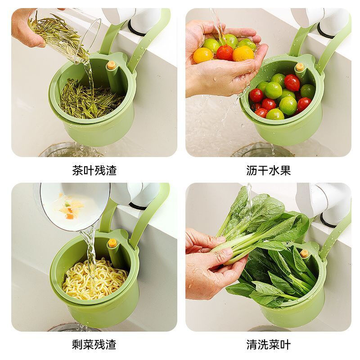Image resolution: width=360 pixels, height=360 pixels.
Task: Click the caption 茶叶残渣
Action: [x=94, y=171]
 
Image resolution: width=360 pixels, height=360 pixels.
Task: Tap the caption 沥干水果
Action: [x=268, y=171]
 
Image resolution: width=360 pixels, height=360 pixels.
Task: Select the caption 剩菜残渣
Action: [x=94, y=345]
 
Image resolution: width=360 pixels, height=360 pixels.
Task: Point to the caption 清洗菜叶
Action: [x=268, y=345]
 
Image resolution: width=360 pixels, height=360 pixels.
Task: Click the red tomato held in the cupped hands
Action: [x=225, y=53]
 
